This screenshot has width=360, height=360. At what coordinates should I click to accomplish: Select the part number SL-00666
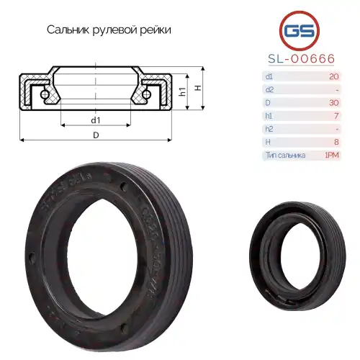(297, 60)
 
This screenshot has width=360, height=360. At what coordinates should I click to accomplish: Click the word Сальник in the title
(68, 30)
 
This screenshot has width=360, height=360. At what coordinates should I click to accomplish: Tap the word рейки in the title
(157, 30)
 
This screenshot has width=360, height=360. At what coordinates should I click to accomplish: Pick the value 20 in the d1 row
(333, 76)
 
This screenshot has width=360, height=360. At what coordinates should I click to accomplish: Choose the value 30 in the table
(333, 102)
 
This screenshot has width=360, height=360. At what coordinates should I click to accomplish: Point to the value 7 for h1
(335, 115)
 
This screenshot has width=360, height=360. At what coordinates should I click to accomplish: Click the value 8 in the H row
(335, 142)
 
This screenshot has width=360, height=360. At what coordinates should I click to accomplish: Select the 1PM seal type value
(332, 155)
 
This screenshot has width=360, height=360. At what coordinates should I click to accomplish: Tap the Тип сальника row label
(285, 155)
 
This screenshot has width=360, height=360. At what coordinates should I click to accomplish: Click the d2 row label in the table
(269, 89)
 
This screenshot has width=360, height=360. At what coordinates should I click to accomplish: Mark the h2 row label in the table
(269, 129)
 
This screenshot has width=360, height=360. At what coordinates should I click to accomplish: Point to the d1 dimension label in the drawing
(95, 119)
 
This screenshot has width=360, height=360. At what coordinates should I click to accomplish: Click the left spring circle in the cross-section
(45, 94)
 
